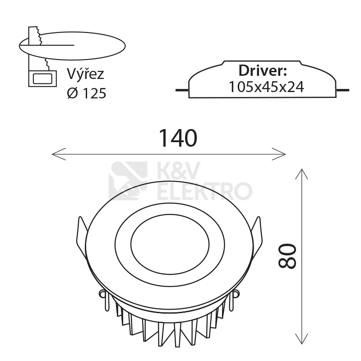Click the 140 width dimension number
pos(178,138)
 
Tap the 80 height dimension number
pos(287,256)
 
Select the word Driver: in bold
pos(263,70)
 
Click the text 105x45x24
pos(266,87)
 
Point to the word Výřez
pos(85,74)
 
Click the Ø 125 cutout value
pos(87,93)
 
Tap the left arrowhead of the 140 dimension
pos(59,154)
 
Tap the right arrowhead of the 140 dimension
pos(279,154)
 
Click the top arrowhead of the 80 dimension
pos(301,174)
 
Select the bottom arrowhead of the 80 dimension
pos(301,339)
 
